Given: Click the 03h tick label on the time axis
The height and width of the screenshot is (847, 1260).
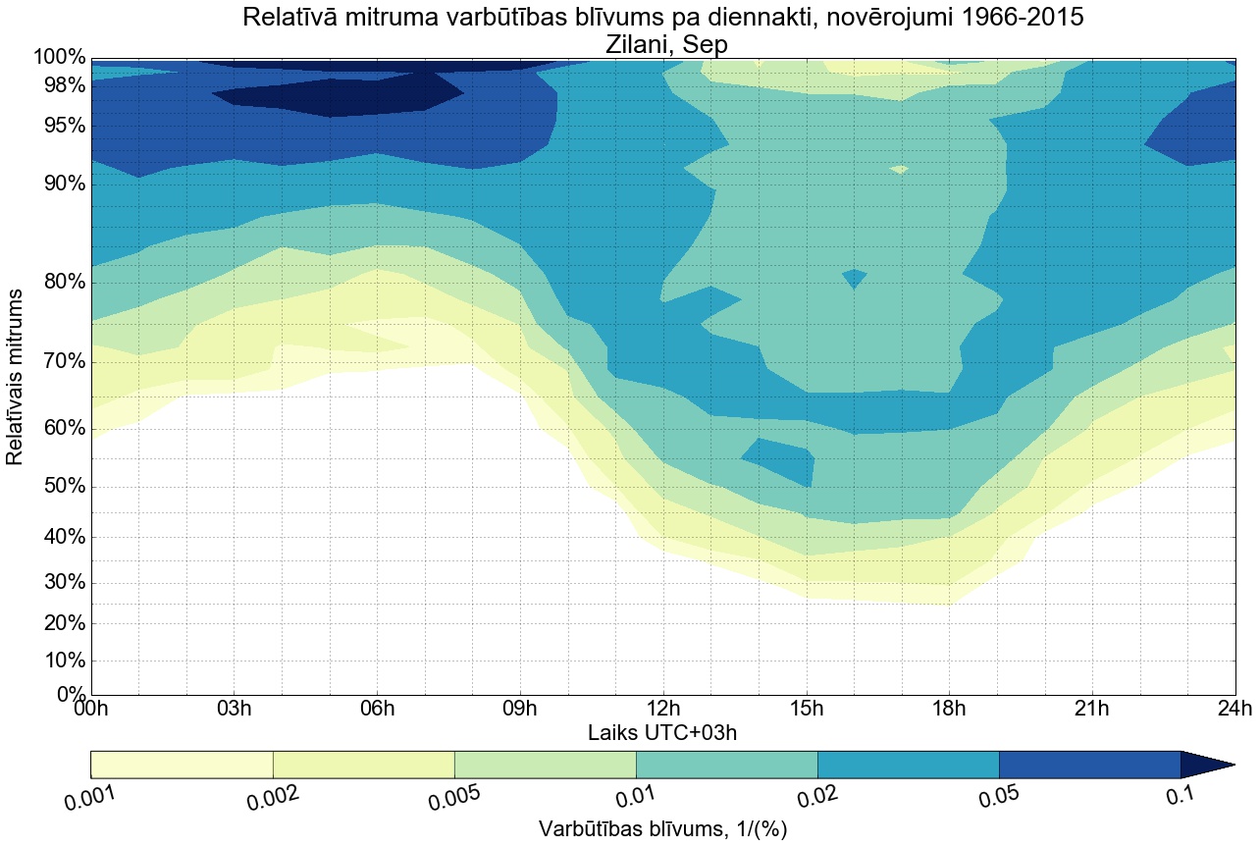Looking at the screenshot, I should tap(234, 709).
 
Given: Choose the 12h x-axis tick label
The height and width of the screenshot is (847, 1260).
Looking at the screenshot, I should tap(663, 709).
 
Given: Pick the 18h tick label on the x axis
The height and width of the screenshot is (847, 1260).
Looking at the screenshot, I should tap(949, 709).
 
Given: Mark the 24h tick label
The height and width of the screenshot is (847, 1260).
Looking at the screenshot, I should tap(1234, 709).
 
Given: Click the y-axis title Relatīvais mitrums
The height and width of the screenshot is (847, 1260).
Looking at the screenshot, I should tap(17, 377).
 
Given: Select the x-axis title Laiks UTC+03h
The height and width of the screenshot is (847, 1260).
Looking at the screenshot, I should tap(662, 732).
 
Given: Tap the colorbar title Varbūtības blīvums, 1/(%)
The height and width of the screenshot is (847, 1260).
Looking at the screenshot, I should tap(662, 829).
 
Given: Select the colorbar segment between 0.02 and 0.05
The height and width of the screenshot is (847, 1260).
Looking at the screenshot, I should tap(908, 765).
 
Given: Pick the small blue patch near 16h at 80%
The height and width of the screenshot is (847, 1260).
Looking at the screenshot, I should tap(854, 278).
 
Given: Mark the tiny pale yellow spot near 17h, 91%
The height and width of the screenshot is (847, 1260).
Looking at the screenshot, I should tap(898, 170).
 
